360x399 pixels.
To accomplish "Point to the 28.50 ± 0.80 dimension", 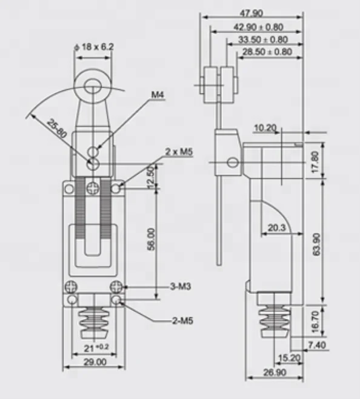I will point(267,52).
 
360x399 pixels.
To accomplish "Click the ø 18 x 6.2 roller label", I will point(93,46).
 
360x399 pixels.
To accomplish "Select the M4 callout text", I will point(158,95).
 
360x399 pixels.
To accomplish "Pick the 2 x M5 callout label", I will point(179,152).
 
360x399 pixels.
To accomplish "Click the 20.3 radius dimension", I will point(275,228).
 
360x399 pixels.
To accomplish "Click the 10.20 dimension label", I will point(265,128).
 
